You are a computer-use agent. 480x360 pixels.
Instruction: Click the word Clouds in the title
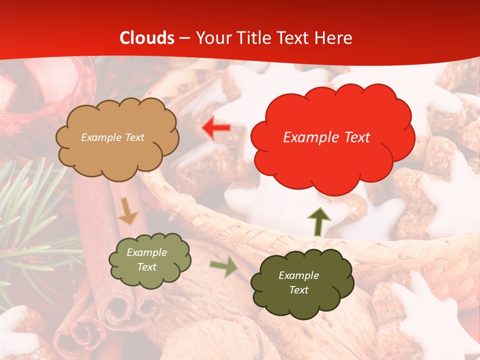[147, 38]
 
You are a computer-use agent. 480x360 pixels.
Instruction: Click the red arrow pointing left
[216, 128]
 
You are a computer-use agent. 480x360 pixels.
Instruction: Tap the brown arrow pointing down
[128, 210]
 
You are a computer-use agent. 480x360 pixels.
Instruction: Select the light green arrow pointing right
[223, 267]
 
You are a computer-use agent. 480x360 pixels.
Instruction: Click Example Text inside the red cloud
[326, 137]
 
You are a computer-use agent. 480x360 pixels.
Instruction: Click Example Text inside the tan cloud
[112, 137]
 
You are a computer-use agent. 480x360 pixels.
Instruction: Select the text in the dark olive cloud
[298, 282]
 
